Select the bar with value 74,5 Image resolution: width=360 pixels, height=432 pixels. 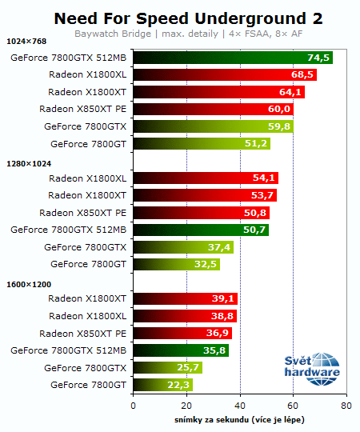click(x=232, y=58)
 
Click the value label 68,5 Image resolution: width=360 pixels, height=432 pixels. click(x=302, y=74)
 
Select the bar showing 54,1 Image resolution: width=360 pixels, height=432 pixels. click(x=205, y=178)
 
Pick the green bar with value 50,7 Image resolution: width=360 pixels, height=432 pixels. click(x=200, y=230)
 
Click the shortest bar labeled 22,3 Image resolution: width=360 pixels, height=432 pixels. click(x=162, y=385)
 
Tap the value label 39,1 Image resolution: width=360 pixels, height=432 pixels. click(x=224, y=299)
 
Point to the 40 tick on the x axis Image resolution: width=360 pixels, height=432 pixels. click(x=239, y=406)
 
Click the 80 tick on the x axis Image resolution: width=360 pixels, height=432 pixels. click(x=346, y=406)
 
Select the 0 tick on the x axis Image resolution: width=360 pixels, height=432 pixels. click(x=133, y=406)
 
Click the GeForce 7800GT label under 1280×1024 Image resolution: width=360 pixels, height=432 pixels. click(x=89, y=264)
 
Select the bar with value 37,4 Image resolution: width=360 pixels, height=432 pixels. click(x=182, y=247)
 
